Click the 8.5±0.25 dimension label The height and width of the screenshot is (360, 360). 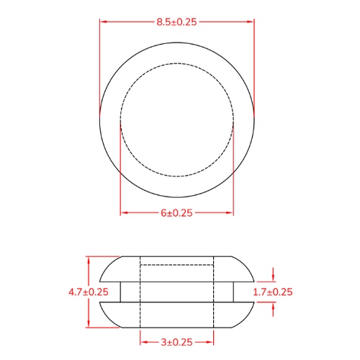176,22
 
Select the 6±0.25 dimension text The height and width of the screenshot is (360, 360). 176,213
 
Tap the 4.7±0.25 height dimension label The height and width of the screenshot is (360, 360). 89,292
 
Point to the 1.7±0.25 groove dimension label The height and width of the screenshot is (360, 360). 273,292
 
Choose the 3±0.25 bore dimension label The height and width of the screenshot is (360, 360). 176,342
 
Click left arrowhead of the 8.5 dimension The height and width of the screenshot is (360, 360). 103,22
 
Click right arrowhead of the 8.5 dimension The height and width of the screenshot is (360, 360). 251,22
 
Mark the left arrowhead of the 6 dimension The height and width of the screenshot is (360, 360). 124,213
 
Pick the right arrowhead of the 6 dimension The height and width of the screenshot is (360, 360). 230,213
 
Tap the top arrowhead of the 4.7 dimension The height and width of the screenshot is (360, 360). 89,260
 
